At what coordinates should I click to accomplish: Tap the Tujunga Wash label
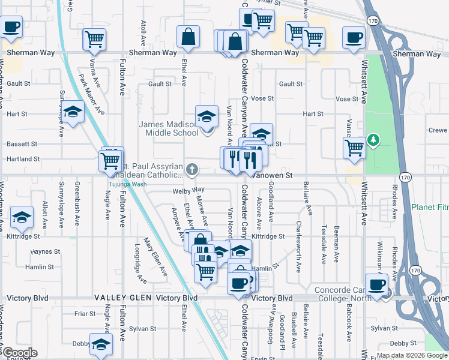coord(127,184)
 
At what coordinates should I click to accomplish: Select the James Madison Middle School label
coord(169,128)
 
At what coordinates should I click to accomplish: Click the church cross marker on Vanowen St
coord(192,170)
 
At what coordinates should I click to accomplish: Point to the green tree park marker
coord(374,140)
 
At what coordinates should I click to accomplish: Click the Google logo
coord(20,353)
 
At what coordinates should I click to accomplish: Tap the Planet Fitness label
coord(430,207)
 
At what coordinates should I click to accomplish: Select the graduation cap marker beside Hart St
coord(73,113)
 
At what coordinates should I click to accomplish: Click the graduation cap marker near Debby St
coord(101,344)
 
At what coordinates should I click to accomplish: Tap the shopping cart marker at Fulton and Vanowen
coord(110,160)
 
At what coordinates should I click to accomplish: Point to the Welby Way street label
coord(185,190)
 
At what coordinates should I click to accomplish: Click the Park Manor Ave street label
coord(92,94)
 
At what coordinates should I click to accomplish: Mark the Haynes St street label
coord(42,252)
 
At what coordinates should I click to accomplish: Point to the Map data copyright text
coord(412,356)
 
